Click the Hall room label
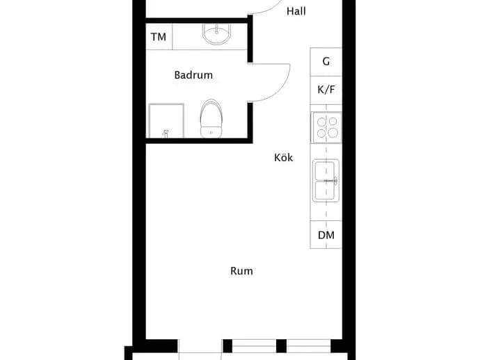(x=296, y=11)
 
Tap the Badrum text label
(x=193, y=75)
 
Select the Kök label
(x=283, y=158)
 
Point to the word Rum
(x=241, y=270)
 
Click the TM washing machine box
(x=159, y=37)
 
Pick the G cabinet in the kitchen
(x=326, y=61)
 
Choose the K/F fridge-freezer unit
(x=326, y=90)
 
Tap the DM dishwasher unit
(x=326, y=235)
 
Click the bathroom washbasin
(x=216, y=34)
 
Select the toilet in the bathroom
(x=211, y=118)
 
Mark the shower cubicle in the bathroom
(x=166, y=121)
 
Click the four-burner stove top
(x=327, y=127)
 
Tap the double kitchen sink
(x=326, y=181)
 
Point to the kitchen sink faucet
(x=331, y=181)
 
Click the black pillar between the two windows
(x=281, y=346)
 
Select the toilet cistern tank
(x=211, y=132)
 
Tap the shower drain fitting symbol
(x=166, y=134)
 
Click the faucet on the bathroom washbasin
(x=217, y=29)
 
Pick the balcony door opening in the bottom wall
(x=200, y=346)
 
